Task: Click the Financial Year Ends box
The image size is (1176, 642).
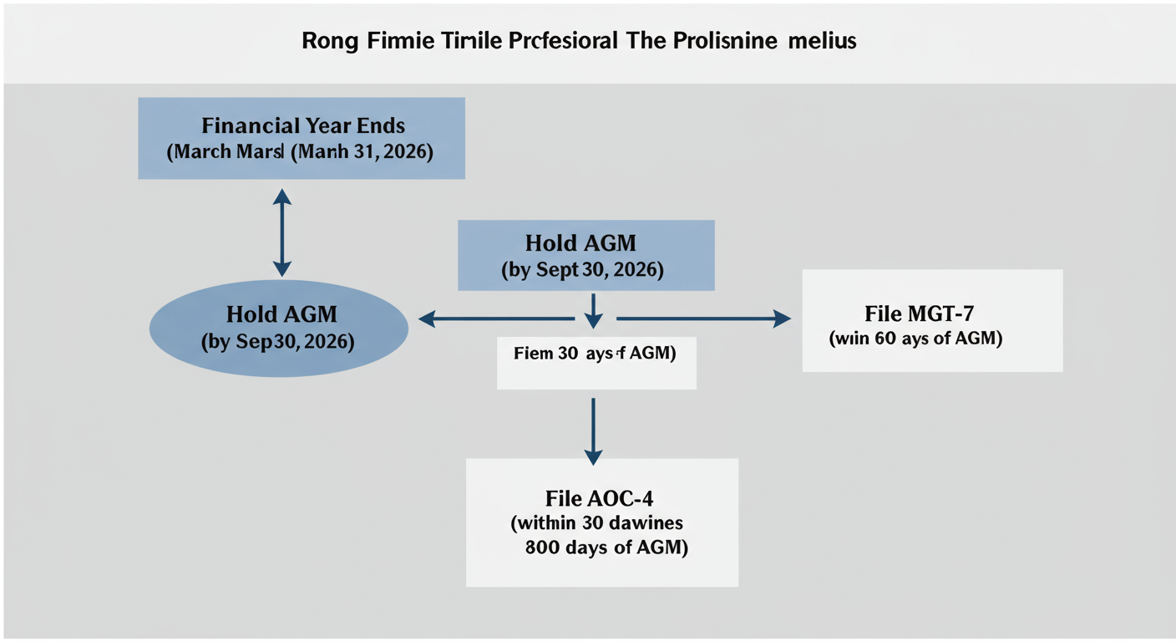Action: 301,138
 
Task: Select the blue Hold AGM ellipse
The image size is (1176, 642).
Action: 278,328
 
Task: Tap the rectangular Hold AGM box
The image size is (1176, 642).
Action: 585,255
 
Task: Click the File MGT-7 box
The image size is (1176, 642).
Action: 932,320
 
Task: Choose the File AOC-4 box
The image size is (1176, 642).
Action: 601,522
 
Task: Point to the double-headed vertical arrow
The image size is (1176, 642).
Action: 282,232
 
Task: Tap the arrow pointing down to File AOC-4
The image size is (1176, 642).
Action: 593,430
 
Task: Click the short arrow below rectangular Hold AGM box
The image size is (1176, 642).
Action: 593,310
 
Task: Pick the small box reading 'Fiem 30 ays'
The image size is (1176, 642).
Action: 596,363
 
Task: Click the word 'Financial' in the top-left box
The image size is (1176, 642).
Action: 239,126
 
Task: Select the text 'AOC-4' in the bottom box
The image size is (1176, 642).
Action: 622,499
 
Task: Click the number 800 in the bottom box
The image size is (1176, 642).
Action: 545,549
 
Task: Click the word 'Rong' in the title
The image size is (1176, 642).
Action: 329,41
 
